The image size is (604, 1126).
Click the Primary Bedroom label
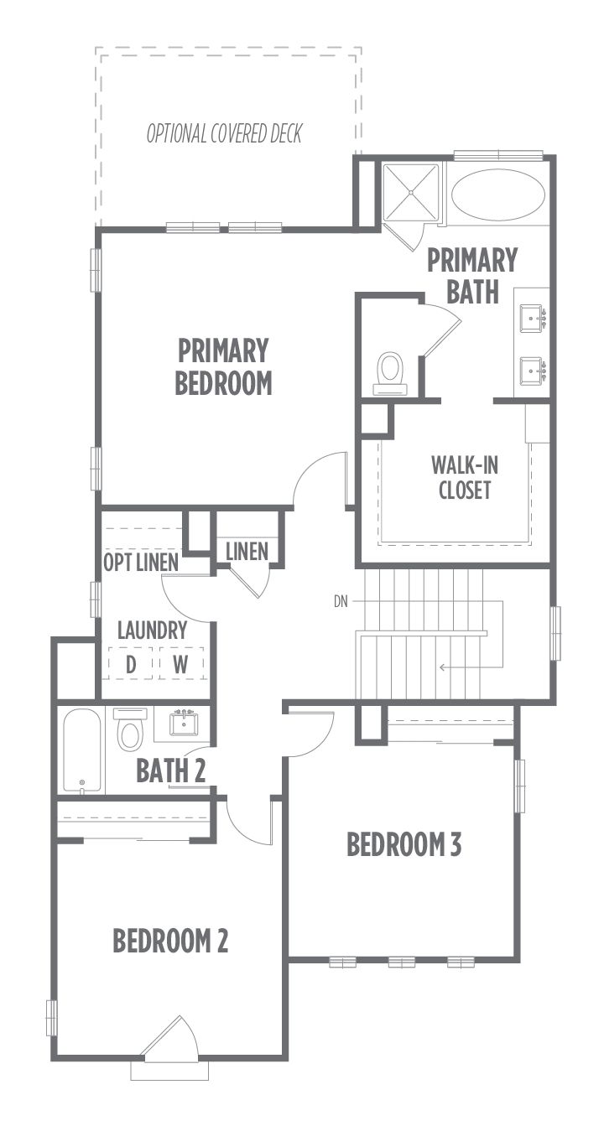(223, 366)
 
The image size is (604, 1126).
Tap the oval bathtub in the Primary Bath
(498, 195)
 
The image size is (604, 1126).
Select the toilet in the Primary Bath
(390, 373)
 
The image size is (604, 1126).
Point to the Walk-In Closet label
(464, 478)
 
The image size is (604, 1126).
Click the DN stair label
(341, 602)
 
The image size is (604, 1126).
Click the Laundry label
(153, 630)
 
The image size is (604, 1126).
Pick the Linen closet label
(247, 552)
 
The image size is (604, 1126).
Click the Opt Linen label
(141, 563)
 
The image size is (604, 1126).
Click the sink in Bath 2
(184, 723)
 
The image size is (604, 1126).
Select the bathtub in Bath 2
(82, 751)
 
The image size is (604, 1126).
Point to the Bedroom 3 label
(404, 844)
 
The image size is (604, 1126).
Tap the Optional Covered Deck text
(224, 133)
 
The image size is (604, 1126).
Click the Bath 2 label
(171, 771)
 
